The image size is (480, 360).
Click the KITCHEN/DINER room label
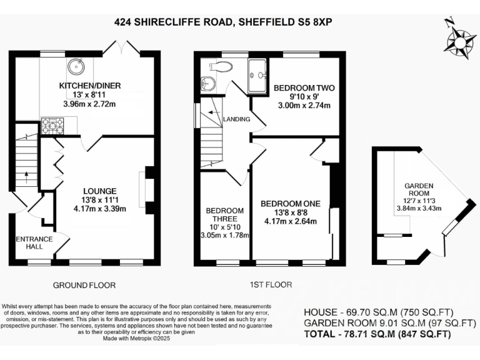[89, 86]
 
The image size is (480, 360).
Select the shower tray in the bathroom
[257, 77]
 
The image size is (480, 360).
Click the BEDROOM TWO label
[304, 87]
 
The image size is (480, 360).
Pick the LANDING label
[238, 119]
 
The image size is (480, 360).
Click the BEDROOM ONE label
[291, 204]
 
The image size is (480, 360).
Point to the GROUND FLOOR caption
[84, 285]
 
